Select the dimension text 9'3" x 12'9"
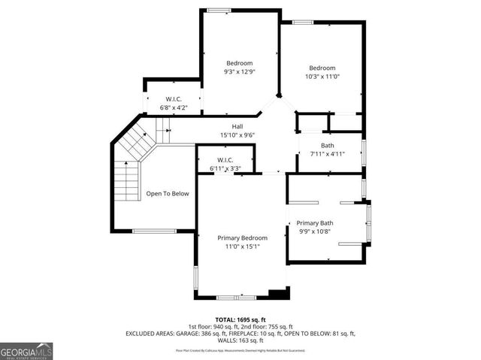point(240,72)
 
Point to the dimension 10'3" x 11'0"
point(322,76)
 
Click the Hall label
point(237,126)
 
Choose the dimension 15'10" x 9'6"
point(237,135)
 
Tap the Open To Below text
point(167,194)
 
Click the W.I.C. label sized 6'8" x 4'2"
point(174,99)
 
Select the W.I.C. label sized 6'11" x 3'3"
point(225,159)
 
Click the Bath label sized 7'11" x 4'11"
point(327,146)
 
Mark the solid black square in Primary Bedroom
point(278,293)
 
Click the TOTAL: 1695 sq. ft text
point(240,319)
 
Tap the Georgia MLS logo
point(26,349)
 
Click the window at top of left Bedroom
point(219,9)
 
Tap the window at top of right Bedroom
point(303,22)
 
